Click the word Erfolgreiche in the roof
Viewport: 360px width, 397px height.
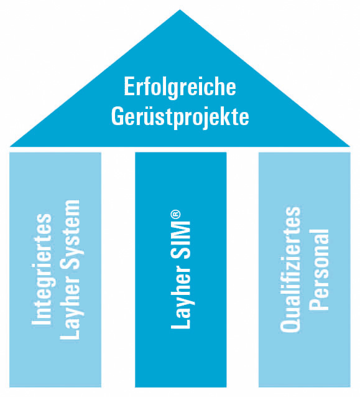pyautogui.click(x=180, y=88)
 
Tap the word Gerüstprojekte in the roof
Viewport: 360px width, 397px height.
pyautogui.click(x=180, y=117)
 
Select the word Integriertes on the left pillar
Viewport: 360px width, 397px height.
pyautogui.click(x=42, y=269)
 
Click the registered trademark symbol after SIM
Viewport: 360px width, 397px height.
pyautogui.click(x=175, y=215)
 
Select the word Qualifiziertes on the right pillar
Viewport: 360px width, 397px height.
pyautogui.click(x=290, y=269)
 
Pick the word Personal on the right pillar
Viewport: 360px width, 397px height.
pyautogui.click(x=319, y=269)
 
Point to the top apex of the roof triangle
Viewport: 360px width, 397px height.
pyautogui.click(x=180, y=9)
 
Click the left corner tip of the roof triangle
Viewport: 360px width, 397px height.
pyautogui.click(x=10, y=146)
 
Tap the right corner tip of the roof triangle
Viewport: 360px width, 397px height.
pyautogui.click(x=350, y=146)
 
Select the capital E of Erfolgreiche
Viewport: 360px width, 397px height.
pyautogui.click(x=129, y=86)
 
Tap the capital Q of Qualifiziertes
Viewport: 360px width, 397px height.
pyautogui.click(x=290, y=324)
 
